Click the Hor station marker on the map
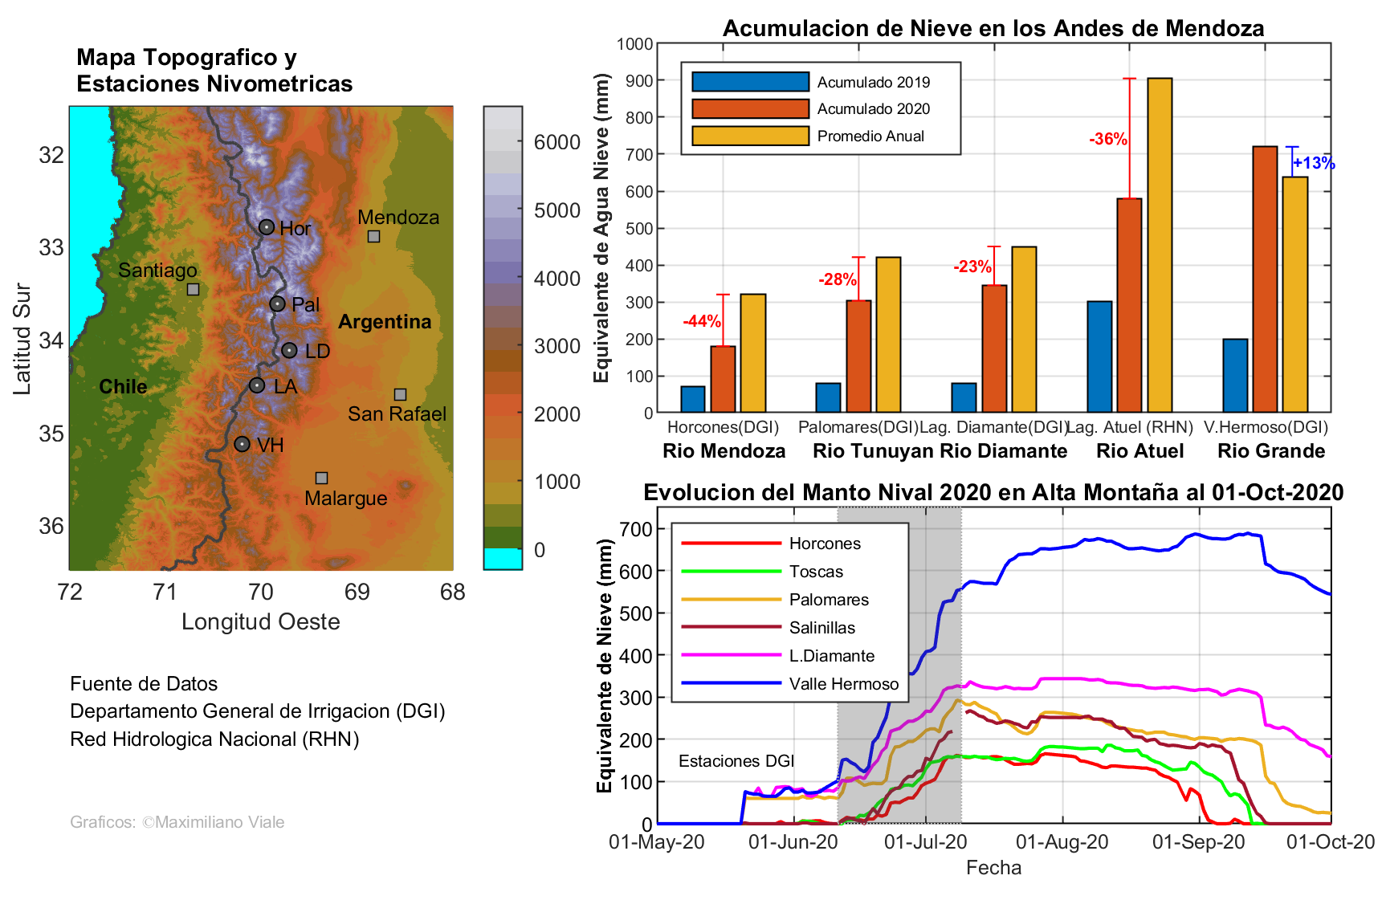pos(267,227)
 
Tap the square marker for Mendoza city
pos(373,236)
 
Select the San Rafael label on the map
pos(397,414)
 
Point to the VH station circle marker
pos(242,444)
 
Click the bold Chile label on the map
pos(123,387)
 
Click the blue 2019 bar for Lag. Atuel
pos(1099,357)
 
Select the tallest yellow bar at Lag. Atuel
pos(1160,245)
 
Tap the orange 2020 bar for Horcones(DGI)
pos(723,379)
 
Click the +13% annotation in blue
pos(1314,164)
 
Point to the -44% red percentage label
pos(702,322)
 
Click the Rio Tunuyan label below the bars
pos(873,451)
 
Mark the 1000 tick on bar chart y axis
pos(634,44)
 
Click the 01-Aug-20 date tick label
pos(1062,842)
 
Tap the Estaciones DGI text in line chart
pos(736,761)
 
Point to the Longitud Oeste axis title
pos(261,622)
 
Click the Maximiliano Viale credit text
pos(177,822)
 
